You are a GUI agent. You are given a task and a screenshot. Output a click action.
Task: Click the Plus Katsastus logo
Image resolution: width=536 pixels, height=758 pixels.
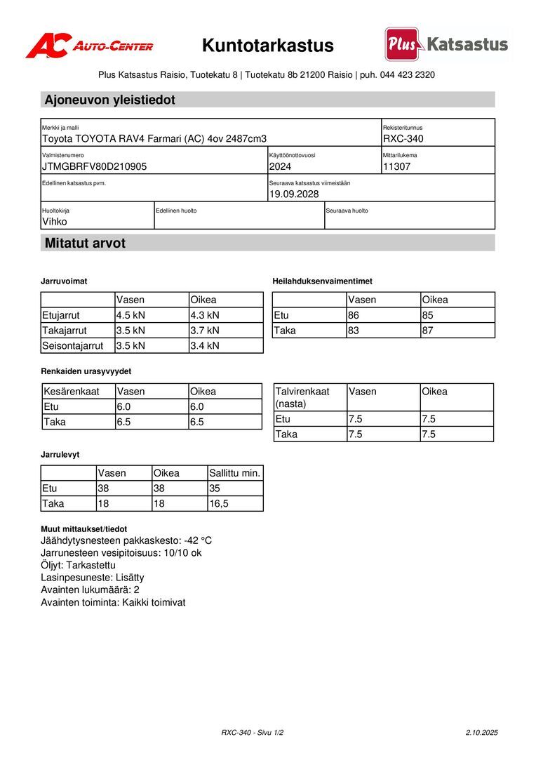click(446, 44)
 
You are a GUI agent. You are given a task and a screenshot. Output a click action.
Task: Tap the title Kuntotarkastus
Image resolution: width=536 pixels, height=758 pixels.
click(268, 46)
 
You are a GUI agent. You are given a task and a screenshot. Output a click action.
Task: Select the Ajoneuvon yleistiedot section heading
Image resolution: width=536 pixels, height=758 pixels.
click(110, 100)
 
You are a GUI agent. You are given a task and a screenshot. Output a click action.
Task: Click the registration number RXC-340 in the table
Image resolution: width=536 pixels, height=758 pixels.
click(403, 139)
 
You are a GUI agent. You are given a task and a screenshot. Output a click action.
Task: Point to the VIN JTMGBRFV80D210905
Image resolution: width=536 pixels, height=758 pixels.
click(95, 167)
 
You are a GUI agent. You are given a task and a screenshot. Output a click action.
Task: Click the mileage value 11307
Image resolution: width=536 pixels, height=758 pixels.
click(397, 167)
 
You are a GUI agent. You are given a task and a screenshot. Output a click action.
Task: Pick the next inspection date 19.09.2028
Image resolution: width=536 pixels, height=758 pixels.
click(294, 194)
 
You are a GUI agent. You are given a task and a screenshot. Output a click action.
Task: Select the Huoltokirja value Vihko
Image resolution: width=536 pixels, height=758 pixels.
click(55, 222)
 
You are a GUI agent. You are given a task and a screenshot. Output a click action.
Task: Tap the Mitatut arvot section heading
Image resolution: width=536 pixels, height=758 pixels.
click(85, 244)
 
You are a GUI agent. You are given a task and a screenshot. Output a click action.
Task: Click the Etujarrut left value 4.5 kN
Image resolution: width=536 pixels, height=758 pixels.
click(130, 315)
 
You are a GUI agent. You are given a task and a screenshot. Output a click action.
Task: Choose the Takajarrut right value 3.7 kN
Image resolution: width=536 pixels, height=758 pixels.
click(205, 331)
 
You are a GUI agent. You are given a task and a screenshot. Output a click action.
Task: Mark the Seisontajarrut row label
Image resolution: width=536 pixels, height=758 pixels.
click(73, 346)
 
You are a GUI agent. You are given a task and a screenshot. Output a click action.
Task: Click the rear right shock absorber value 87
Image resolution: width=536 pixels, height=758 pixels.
click(428, 331)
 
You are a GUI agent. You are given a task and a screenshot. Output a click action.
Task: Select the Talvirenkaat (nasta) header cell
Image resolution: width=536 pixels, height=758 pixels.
click(302, 397)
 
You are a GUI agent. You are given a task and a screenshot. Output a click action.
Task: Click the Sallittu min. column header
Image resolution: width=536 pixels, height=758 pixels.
click(235, 473)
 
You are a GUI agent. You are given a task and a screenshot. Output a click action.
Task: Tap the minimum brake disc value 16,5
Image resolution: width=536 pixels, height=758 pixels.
click(219, 504)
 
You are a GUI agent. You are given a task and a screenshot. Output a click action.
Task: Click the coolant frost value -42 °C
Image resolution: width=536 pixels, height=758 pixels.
click(198, 541)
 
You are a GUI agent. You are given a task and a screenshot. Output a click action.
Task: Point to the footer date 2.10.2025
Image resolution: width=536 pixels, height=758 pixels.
click(481, 733)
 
